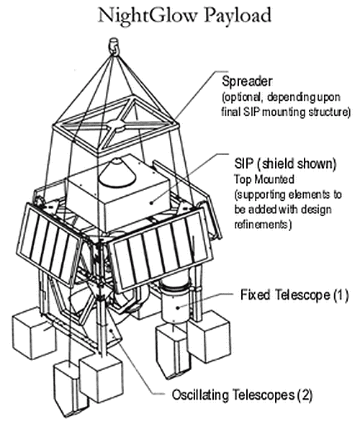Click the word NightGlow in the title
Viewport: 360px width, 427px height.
pos(147,16)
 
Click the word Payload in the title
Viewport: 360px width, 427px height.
pos(238,17)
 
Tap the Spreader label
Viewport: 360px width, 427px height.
pos(247,81)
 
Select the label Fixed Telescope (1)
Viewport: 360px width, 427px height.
pos(294,295)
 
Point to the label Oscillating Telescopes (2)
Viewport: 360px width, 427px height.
pos(242,395)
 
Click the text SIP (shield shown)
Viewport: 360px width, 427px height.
pos(285,163)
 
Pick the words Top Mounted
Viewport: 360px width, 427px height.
pos(264,179)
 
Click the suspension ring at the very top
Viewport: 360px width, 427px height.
pos(114,45)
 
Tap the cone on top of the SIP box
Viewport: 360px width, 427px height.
pos(118,173)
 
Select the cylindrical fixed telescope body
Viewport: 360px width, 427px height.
pos(174,301)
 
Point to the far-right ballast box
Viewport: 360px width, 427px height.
pos(209,337)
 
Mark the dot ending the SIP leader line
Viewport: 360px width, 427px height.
pos(152,202)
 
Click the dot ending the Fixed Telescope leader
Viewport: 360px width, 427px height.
pos(178,307)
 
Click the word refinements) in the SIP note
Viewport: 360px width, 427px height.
pos(263,225)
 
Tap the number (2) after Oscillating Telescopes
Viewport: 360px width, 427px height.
pos(305,395)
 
